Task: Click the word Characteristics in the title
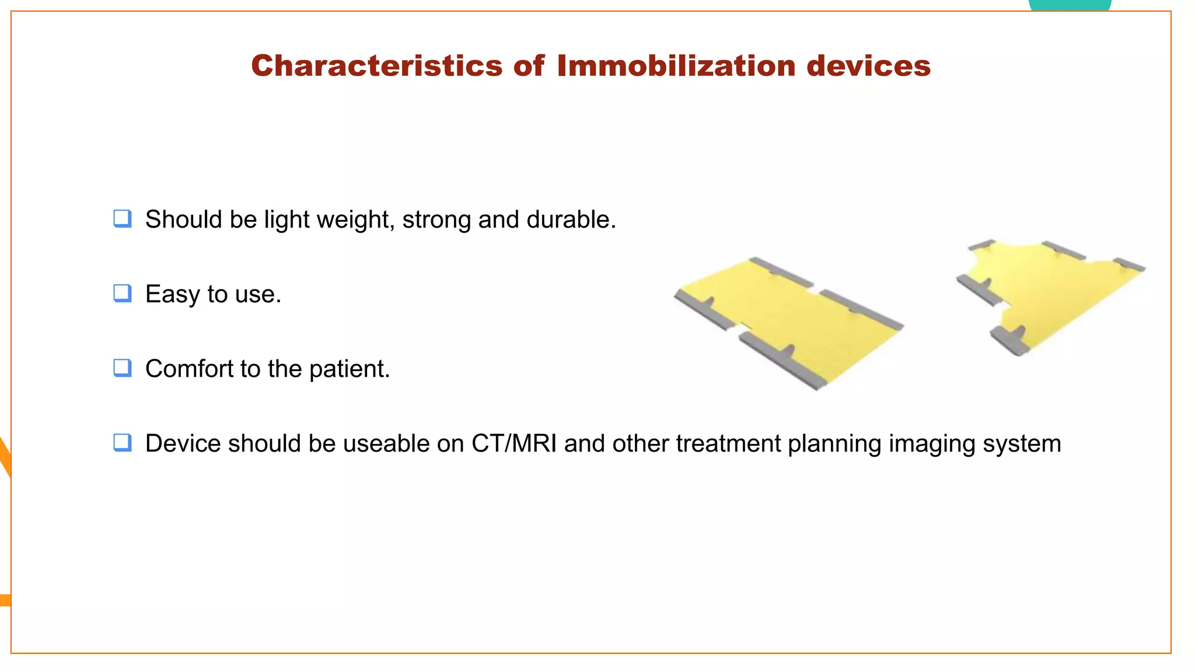click(x=376, y=65)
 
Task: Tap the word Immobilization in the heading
click(x=676, y=65)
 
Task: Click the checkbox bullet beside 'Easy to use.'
click(x=122, y=293)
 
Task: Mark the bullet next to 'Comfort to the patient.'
click(x=122, y=367)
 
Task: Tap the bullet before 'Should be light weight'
click(x=122, y=218)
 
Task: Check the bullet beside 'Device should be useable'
click(x=122, y=442)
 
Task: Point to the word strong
click(x=436, y=220)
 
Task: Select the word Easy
click(x=172, y=295)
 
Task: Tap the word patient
click(x=348, y=369)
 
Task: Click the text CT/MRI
click(x=513, y=444)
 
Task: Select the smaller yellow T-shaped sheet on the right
click(x=1056, y=292)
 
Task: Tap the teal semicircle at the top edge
click(x=1070, y=5)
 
